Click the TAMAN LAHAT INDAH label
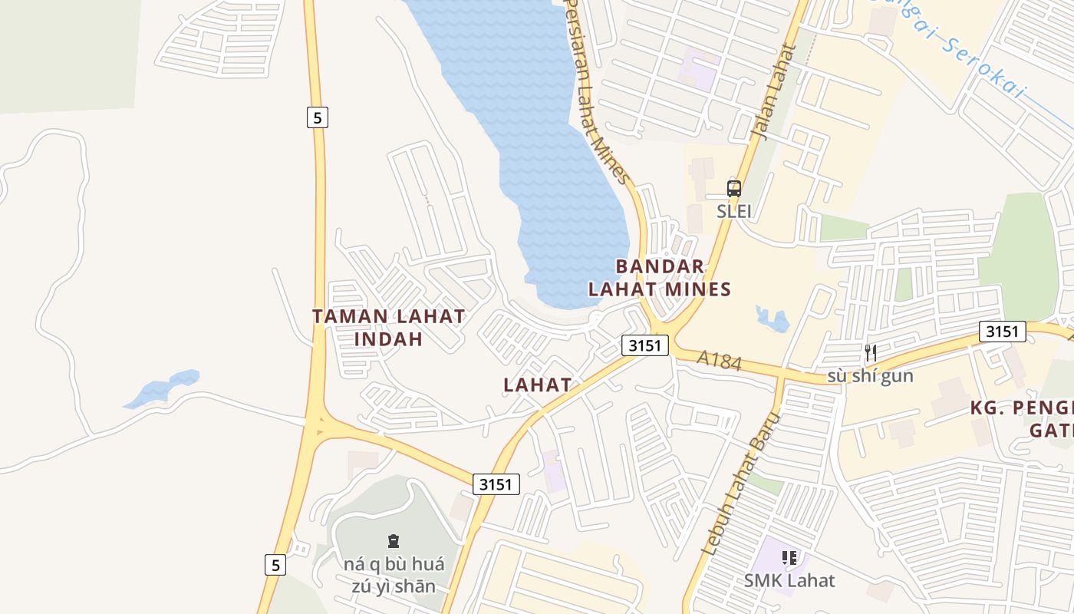388,327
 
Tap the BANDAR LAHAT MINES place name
660,278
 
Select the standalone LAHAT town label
538,385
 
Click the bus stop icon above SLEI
734,188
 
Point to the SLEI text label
734,211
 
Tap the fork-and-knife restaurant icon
870,353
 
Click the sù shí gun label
870,376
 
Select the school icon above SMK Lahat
789,558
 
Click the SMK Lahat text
789,580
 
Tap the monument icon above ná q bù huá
394,541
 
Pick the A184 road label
719,360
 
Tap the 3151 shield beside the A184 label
644,345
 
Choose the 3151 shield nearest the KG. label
1002,332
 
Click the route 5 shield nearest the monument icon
275,565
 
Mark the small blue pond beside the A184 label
773,319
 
